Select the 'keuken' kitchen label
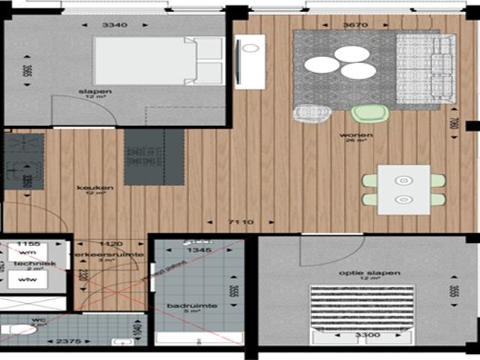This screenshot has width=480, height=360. pos(99,187)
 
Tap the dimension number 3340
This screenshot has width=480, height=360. pos(114,25)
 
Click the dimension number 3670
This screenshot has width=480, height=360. pos(355,25)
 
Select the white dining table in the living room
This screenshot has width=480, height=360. pos(403,189)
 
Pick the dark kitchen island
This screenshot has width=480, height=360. pos(154,156)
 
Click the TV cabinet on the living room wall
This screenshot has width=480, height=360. pos(249,61)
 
